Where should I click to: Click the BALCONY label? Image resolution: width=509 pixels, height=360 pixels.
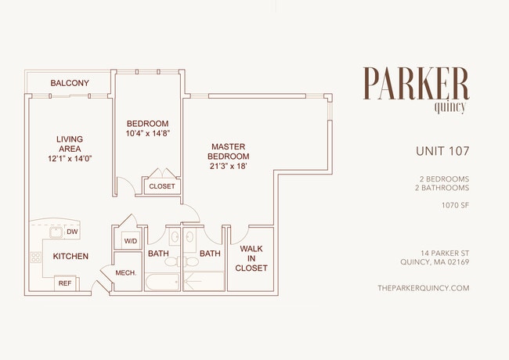point(69,83)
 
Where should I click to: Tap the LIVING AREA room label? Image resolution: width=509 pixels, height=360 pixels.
point(70,144)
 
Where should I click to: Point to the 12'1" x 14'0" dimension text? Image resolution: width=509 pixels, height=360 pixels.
point(70,159)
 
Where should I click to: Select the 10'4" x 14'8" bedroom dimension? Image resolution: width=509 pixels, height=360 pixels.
point(149,133)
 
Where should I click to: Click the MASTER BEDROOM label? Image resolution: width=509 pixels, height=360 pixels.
point(228,151)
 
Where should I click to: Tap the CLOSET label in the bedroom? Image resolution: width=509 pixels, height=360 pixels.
point(162,186)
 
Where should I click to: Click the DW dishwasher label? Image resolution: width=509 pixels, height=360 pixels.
point(72,232)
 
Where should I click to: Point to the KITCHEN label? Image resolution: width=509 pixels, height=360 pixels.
point(70,256)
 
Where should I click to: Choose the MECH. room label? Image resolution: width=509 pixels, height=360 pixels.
point(126,272)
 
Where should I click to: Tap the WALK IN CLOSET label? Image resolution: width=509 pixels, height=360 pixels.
point(251,258)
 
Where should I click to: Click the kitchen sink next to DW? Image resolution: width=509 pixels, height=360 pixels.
point(55,232)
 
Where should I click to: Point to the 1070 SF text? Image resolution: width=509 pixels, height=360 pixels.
point(455,206)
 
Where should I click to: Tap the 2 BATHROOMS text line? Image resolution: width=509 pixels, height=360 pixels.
point(443,188)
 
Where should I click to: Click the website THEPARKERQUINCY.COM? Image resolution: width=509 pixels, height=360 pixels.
point(423,288)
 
